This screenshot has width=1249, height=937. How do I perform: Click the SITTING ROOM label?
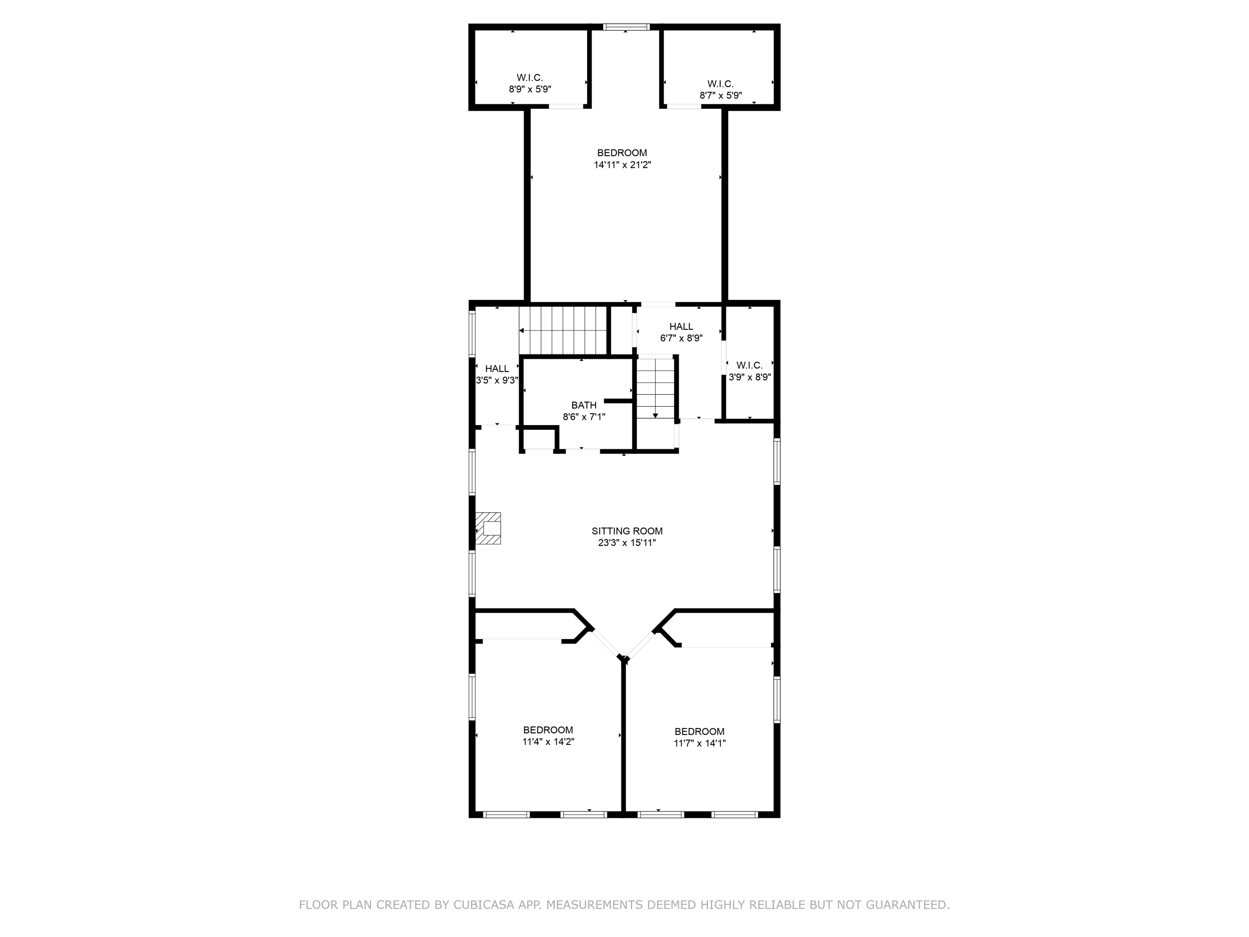[627, 531]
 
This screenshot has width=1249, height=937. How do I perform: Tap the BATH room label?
[583, 405]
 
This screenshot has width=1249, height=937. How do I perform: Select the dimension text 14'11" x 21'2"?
[622, 165]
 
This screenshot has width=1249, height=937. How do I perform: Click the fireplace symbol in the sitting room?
[488, 528]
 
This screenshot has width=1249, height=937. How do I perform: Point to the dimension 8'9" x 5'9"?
[530, 89]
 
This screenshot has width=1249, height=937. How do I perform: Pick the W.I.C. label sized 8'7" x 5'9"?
[721, 84]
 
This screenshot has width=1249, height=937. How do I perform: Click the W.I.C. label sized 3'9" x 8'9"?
[749, 365]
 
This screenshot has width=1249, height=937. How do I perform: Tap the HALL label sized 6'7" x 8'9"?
[681, 326]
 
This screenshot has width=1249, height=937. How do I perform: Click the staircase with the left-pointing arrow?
[564, 330]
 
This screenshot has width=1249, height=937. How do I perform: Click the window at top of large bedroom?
[626, 27]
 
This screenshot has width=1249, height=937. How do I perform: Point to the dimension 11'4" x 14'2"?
[548, 742]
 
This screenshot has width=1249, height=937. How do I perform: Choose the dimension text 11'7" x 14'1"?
[699, 743]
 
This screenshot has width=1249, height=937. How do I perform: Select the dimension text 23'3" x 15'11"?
[627, 543]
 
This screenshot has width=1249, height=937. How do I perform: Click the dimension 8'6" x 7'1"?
[583, 417]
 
